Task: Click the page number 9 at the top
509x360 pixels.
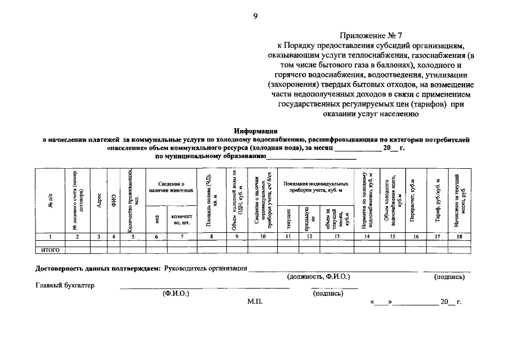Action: (255, 16)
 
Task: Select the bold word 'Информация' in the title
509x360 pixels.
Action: (256, 130)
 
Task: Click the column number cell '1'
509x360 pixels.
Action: (50, 237)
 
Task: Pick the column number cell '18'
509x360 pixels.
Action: (460, 237)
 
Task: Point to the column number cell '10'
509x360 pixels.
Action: (263, 237)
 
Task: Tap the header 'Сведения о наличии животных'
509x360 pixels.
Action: (171, 187)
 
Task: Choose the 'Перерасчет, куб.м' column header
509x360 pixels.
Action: (415, 201)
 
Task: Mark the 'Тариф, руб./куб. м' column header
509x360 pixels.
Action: (438, 201)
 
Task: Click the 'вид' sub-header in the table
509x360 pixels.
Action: (157, 220)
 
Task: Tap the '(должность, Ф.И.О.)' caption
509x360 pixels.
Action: (318, 277)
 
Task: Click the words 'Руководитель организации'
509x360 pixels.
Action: (206, 268)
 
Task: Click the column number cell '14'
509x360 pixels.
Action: (367, 237)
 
